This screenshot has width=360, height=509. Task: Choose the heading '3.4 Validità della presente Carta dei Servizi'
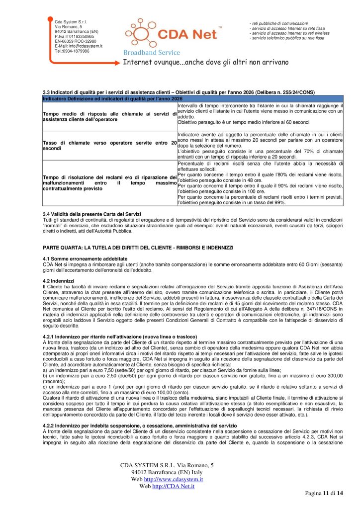92,213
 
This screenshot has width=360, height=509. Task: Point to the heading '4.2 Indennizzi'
59,281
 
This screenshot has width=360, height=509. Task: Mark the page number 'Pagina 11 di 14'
324,493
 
